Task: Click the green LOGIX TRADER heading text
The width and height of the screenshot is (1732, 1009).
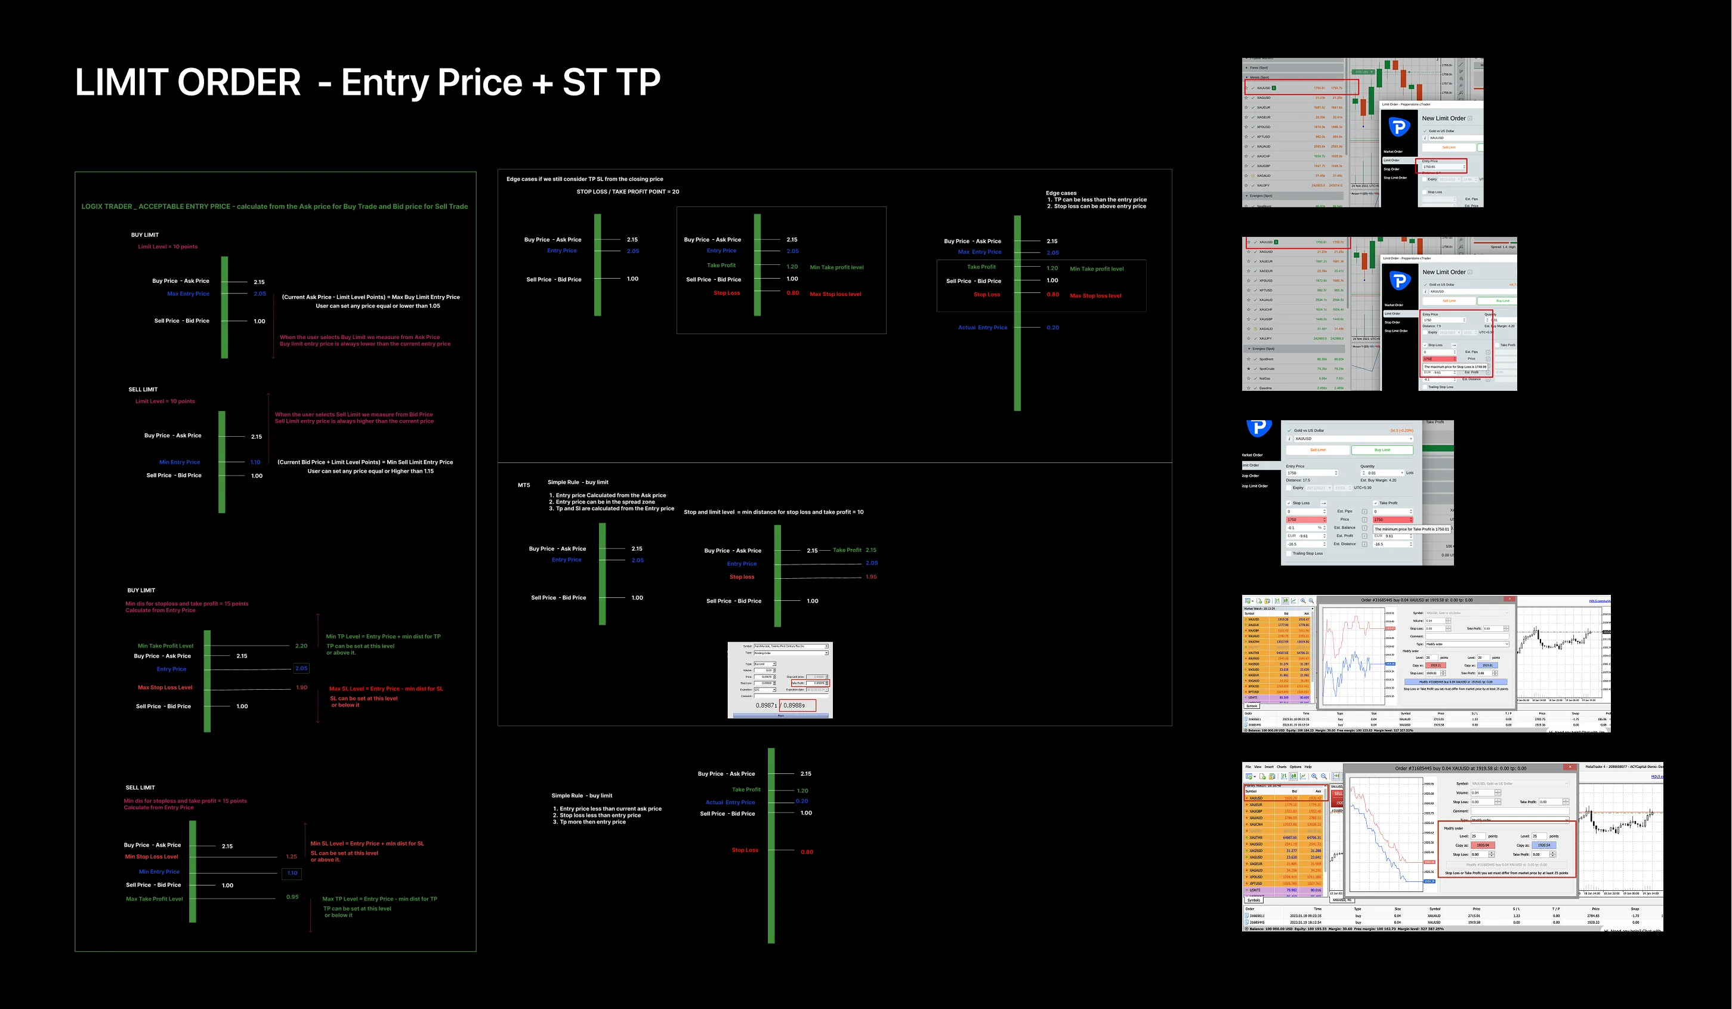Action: pyautogui.click(x=274, y=206)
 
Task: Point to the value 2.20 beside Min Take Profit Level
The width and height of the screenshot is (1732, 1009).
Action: pyautogui.click(x=301, y=646)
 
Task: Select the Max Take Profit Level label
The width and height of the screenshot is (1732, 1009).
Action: pyautogui.click(x=154, y=899)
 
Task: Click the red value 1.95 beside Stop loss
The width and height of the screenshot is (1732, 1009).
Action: pyautogui.click(x=871, y=576)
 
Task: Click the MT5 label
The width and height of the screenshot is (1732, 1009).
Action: pyautogui.click(x=524, y=485)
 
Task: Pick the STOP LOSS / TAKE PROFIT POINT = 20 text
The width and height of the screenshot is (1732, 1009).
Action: pyautogui.click(x=628, y=192)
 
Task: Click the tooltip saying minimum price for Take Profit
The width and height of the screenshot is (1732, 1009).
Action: pyautogui.click(x=1412, y=529)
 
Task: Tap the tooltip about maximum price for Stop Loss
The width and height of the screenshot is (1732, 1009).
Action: pyautogui.click(x=1455, y=367)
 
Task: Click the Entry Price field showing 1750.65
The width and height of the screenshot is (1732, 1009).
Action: pyautogui.click(x=1441, y=167)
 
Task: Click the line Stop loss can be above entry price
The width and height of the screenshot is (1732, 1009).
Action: pyautogui.click(x=1099, y=206)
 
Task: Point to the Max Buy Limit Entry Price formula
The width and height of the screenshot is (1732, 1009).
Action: pyautogui.click(x=371, y=297)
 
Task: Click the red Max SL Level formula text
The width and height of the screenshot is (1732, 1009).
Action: pyautogui.click(x=385, y=689)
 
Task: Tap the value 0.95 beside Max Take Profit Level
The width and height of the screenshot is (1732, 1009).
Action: pyautogui.click(x=292, y=897)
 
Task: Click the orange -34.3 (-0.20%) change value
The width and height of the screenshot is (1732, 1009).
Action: pyautogui.click(x=1401, y=431)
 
